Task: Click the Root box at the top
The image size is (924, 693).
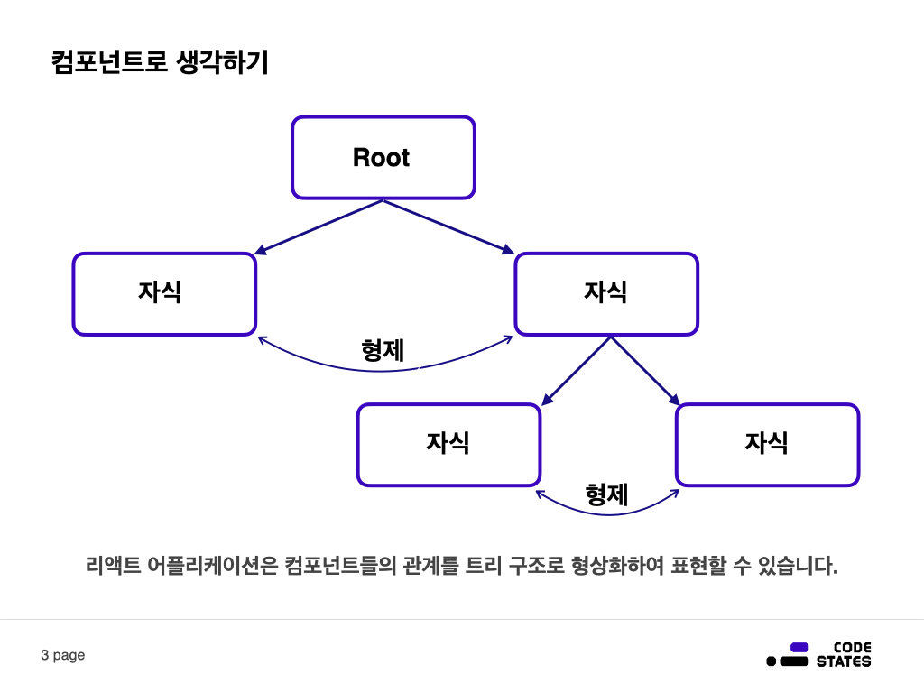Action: tap(383, 158)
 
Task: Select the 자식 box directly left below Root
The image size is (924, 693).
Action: tap(164, 294)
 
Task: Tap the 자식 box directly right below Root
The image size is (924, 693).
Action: tap(606, 294)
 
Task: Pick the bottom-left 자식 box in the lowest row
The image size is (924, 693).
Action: tap(448, 444)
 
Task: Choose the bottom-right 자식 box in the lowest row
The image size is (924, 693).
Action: tap(767, 444)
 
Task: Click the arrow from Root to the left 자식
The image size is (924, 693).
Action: tap(320, 226)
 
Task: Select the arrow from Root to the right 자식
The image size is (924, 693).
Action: tap(448, 226)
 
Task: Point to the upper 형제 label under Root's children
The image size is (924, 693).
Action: tap(383, 350)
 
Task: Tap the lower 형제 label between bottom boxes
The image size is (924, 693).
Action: tap(606, 494)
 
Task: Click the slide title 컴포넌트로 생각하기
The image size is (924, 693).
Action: tap(160, 64)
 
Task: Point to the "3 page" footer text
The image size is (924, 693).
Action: tap(63, 655)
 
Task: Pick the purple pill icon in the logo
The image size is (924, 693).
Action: tap(799, 647)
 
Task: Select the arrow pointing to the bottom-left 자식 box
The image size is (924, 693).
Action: tap(576, 370)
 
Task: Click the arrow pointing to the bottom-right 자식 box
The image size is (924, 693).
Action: tap(644, 370)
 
